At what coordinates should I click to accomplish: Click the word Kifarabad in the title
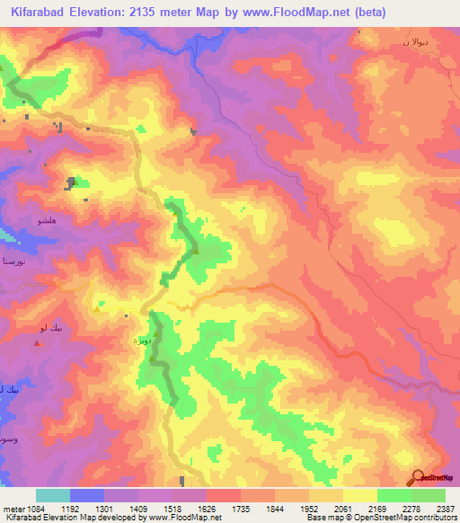point(41,12)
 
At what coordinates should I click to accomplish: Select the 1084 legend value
point(36,508)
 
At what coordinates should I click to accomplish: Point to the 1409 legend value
point(139,508)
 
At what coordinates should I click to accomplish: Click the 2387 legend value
point(445,508)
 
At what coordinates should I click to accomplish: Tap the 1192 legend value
point(71,508)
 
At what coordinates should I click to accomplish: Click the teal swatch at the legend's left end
point(53,495)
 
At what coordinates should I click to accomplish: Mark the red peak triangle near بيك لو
point(37,342)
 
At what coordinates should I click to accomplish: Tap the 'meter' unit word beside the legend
point(13,508)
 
